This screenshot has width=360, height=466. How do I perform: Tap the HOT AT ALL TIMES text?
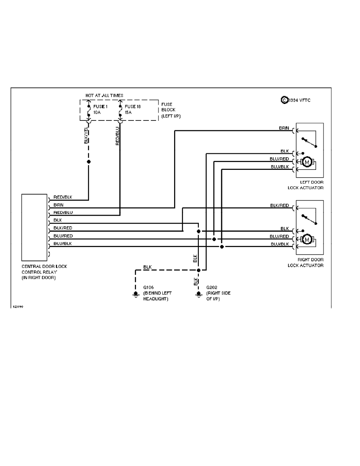tap(104, 95)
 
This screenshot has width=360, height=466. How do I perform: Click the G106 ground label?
tap(148, 288)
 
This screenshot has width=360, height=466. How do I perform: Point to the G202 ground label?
tap(211, 288)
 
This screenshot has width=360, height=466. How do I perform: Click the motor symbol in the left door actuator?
tap(307, 162)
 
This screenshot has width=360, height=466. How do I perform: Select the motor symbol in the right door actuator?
tap(307, 239)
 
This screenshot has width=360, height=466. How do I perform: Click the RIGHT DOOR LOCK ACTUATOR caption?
tap(311, 263)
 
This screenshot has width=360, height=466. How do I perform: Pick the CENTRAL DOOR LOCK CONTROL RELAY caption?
tap(44, 272)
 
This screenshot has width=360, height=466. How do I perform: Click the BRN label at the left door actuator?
tap(284, 128)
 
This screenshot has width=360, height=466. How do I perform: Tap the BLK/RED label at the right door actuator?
tap(279, 205)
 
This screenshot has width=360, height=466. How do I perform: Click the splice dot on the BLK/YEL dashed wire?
tap(89, 162)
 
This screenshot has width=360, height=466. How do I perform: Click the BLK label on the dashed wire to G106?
tap(147, 267)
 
